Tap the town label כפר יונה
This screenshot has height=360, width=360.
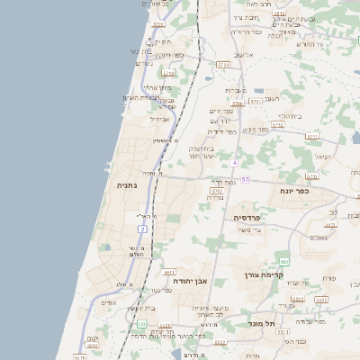pyautogui.click(x=292, y=191)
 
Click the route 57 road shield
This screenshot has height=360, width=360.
pyautogui.click(x=245, y=180)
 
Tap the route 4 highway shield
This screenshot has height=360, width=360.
pyautogui.click(x=233, y=163)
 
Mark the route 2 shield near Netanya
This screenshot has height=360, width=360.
pyautogui.click(x=142, y=229)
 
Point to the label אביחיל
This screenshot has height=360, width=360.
pyautogui.click(x=158, y=118)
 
